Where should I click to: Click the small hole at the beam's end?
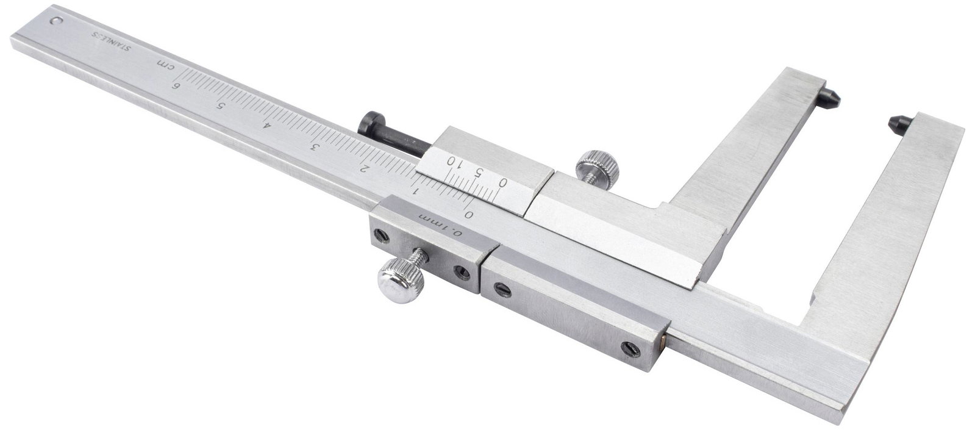[x=57, y=20]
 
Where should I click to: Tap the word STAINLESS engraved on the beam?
[x=110, y=42]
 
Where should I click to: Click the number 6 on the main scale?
[x=176, y=85]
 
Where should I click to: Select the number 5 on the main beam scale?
[x=221, y=106]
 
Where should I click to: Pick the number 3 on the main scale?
[x=313, y=146]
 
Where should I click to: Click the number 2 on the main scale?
[x=362, y=168]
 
